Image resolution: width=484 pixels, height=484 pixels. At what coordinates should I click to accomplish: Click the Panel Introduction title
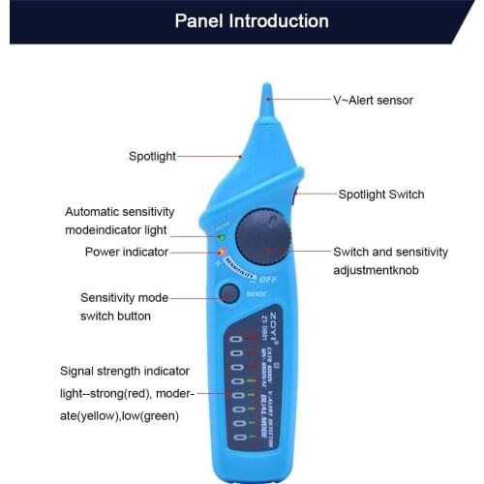tap(251, 20)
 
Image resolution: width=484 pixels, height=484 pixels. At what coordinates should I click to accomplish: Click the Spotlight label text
tap(152, 156)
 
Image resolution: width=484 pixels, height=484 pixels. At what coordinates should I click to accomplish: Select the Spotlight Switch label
tap(380, 195)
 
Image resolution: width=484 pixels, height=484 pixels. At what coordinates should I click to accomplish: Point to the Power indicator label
tap(126, 252)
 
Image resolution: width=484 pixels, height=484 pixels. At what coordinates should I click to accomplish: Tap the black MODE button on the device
tap(228, 293)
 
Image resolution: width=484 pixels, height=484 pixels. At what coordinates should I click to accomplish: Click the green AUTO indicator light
tap(222, 237)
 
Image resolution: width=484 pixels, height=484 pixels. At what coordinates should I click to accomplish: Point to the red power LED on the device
tap(221, 252)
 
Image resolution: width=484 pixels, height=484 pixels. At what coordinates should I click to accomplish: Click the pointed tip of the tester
tap(266, 92)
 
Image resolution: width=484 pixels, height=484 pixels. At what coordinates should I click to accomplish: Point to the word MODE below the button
tap(257, 292)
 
